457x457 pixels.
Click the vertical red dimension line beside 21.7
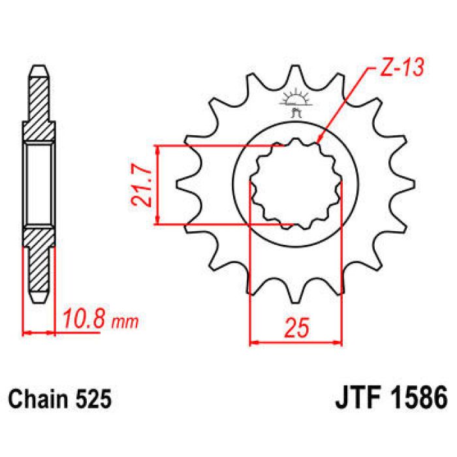click(x=157, y=185)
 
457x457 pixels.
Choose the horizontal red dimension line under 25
click(x=296, y=341)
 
